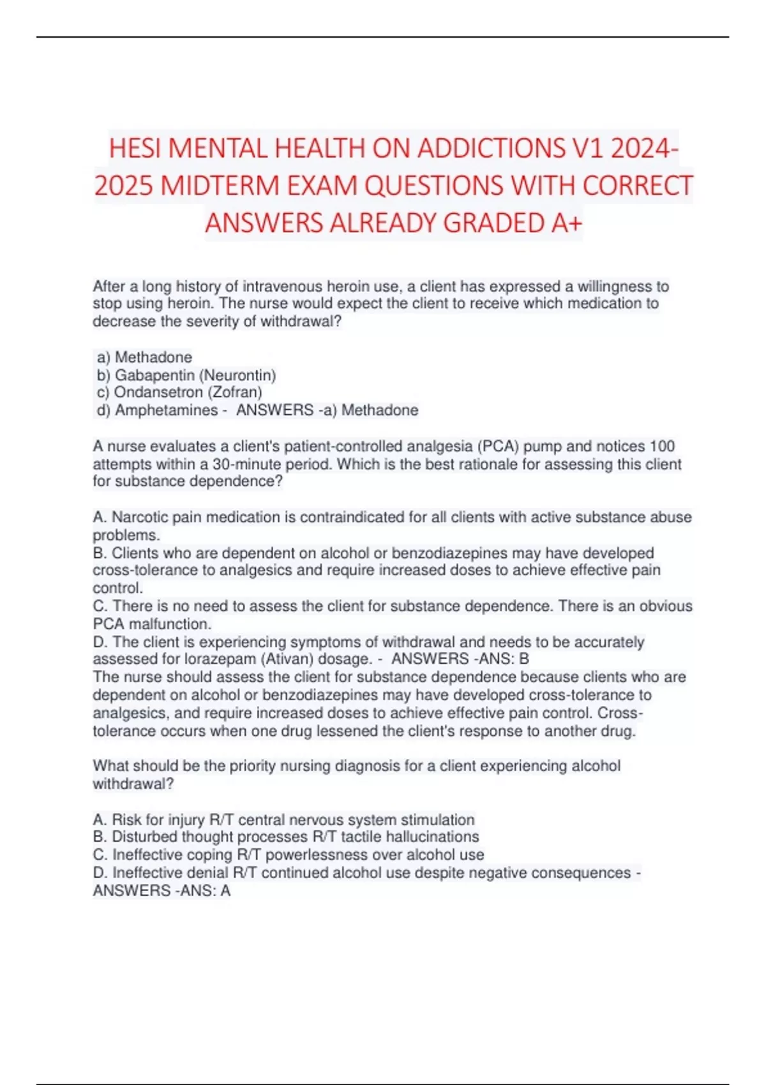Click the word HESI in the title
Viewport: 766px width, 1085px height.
136,149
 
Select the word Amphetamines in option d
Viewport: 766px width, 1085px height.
166,410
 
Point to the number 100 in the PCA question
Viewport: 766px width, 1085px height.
662,446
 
